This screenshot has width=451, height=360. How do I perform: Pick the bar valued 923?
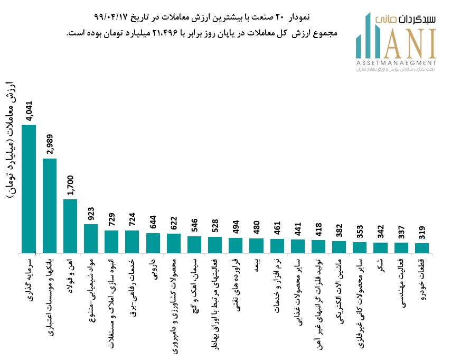pos(91,238)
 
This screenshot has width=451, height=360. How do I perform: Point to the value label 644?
pos(153,219)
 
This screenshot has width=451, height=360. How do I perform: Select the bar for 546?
pos(194,244)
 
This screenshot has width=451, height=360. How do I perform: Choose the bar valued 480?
pos(256,246)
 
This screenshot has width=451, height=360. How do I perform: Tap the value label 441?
pos(298,225)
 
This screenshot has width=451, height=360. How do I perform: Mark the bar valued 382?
pos(339,247)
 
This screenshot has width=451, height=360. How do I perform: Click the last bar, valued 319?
pos(422,248)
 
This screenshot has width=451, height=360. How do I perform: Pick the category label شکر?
pos(380,265)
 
